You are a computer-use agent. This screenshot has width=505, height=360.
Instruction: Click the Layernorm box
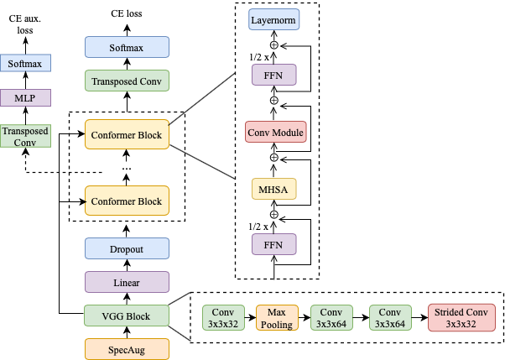(x=274, y=19)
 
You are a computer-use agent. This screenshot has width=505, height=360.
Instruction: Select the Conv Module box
(x=275, y=133)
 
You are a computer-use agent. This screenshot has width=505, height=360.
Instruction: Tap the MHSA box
(x=274, y=189)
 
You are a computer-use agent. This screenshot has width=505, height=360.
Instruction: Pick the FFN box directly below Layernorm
(x=274, y=76)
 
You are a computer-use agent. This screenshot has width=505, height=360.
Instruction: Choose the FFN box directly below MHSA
(x=274, y=245)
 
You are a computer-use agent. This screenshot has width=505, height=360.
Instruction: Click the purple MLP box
(x=25, y=98)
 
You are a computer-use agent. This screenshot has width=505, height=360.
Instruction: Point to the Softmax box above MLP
(x=25, y=64)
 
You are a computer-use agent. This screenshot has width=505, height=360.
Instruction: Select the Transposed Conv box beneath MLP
(x=25, y=136)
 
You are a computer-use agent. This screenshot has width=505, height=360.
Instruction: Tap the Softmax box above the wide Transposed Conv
(x=127, y=48)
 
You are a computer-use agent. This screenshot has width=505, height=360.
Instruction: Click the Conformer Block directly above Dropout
(x=127, y=201)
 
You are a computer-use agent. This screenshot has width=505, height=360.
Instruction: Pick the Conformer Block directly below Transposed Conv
(x=127, y=134)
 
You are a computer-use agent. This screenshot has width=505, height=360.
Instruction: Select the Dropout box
(x=127, y=249)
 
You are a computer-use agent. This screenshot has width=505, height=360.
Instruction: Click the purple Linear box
(x=127, y=282)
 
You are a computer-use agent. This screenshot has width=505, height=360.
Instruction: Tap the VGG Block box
(x=127, y=316)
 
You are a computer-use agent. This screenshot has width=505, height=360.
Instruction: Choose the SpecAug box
(x=127, y=349)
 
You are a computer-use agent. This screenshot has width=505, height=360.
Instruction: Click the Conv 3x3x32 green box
(x=224, y=317)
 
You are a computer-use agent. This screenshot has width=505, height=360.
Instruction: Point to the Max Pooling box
(x=277, y=317)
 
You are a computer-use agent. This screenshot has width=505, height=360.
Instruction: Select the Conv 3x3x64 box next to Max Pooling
(x=331, y=317)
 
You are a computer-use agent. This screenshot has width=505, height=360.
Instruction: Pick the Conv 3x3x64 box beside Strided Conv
(x=390, y=317)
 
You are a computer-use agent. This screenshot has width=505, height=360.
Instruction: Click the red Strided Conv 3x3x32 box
(x=461, y=317)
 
